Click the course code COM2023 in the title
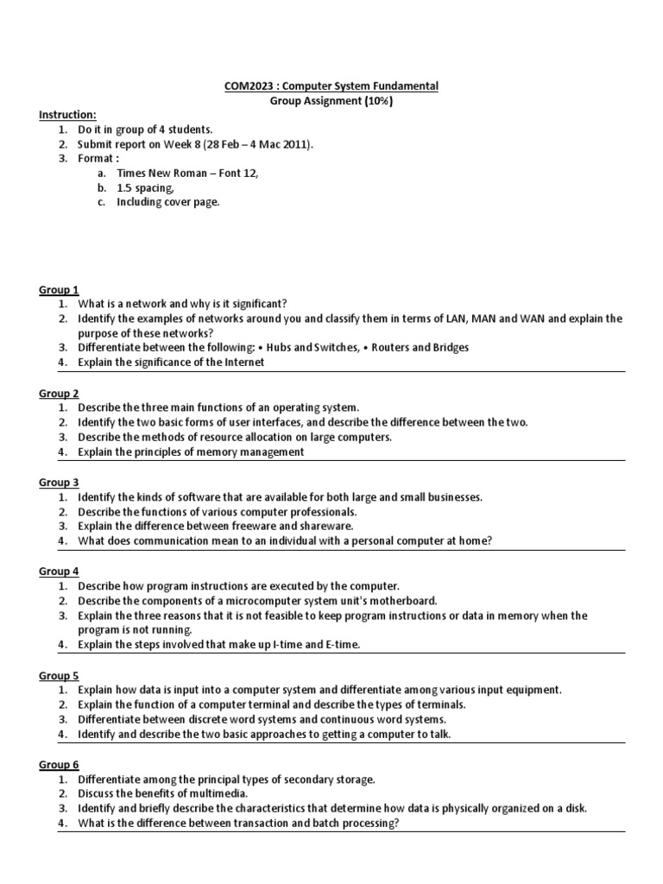237,86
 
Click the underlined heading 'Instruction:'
68,115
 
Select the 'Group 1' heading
59,289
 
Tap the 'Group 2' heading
59,393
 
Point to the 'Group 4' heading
59,571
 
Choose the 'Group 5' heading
59,675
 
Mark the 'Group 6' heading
59,765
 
